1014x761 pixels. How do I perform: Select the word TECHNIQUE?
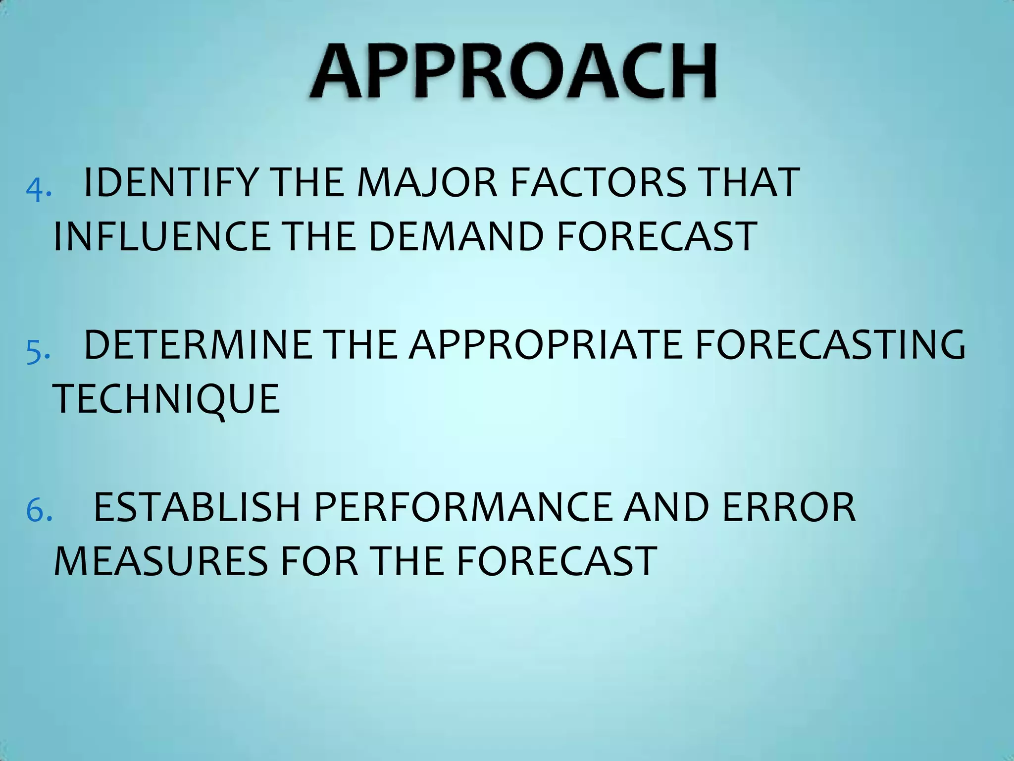(x=166, y=399)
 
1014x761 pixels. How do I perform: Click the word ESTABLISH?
(x=197, y=507)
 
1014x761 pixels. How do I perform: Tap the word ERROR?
(x=789, y=507)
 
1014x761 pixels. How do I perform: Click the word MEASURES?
(x=161, y=561)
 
